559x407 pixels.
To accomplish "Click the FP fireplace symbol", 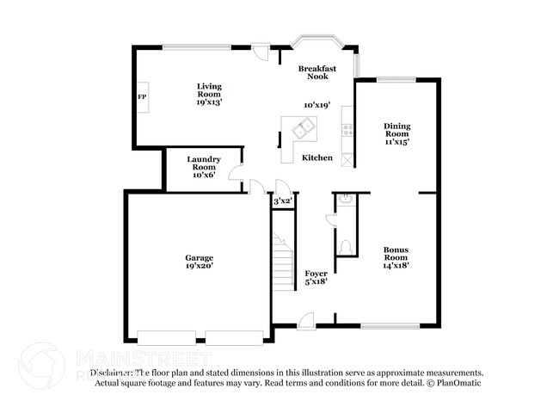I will (142, 96).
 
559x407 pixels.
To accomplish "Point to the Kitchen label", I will (316, 157).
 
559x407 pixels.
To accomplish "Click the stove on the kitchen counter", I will (348, 131).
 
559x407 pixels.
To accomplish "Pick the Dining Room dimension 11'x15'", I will (396, 142).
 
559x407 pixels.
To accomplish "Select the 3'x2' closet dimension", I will (281, 200).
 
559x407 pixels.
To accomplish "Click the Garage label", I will (199, 257).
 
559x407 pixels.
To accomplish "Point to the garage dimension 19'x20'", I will (199, 266).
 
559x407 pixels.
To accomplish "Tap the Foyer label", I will (316, 273).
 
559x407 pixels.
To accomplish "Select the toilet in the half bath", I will (346, 247).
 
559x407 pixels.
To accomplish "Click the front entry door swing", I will (306, 320).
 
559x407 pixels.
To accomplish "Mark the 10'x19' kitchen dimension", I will (317, 105).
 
